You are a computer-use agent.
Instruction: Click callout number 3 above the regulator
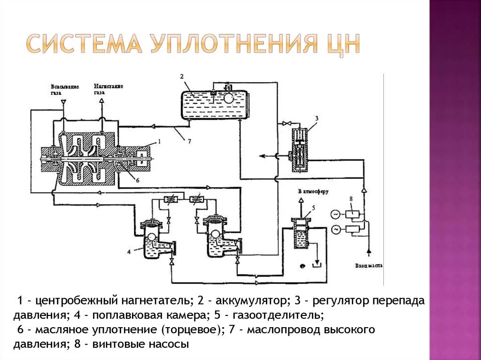point(317,118)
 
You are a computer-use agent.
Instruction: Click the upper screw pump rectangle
point(352,214)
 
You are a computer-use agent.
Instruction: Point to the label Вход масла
point(369,266)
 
